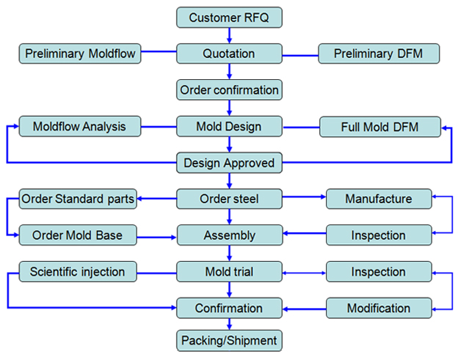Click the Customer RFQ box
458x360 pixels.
229,18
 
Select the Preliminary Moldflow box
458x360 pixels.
80,54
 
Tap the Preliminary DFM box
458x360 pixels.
379,54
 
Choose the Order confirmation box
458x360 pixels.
229,90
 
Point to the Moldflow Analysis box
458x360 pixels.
80,126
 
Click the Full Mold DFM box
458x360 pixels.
380,127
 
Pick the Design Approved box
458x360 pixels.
229,163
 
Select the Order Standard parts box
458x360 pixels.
78,199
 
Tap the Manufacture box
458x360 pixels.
379,199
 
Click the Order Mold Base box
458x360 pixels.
78,235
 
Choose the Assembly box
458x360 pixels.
230,235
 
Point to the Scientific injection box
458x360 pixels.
78,271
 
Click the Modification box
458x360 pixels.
379,308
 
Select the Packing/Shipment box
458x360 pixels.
229,341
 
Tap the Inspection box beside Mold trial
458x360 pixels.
379,271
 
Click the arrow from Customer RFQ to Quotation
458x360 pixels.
229,36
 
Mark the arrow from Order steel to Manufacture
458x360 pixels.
304,197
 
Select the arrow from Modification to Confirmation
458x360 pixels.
305,309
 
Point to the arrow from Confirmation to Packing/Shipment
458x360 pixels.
229,324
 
